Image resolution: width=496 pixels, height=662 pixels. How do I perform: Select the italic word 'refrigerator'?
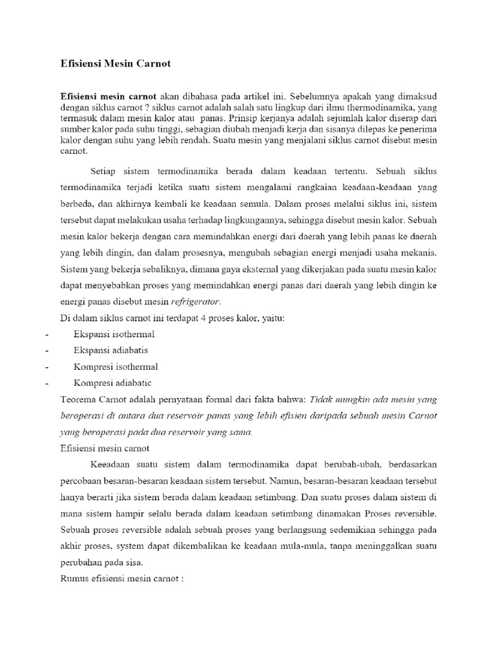point(200,301)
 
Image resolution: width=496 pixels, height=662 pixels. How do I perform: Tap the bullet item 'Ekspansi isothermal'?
point(114,334)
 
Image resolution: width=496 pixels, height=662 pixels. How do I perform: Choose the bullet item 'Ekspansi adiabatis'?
point(111,350)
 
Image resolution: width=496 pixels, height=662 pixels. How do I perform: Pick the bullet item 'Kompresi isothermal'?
point(115,367)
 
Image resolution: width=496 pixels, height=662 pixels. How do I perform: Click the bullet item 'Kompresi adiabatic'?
point(112,383)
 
